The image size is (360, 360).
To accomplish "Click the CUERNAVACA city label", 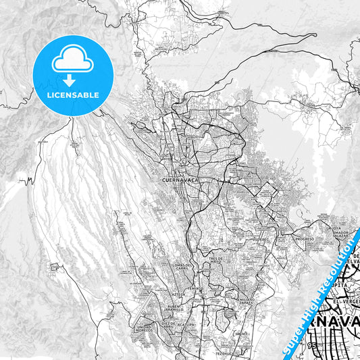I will pyautogui.click(x=179, y=181).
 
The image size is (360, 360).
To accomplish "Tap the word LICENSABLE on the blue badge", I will pyautogui.click(x=73, y=95).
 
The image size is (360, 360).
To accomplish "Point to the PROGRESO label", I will pyautogui.click(x=305, y=238).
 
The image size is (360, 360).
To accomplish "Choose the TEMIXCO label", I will pyautogui.click(x=195, y=288).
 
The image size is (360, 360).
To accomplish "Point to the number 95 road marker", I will pyautogui.click(x=312, y=345).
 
